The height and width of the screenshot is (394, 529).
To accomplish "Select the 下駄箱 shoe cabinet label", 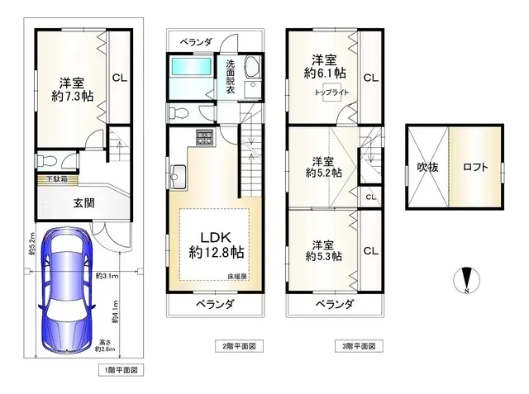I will pos(56,178).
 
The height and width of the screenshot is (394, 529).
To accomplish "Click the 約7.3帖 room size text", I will pos(71,97).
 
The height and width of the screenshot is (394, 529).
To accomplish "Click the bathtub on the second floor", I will pos(190,77).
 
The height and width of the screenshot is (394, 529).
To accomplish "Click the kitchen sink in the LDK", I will pos(179,174).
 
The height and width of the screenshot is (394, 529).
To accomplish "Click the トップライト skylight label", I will pos(330,93).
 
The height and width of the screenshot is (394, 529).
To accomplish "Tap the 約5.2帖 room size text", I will pos(324,173).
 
